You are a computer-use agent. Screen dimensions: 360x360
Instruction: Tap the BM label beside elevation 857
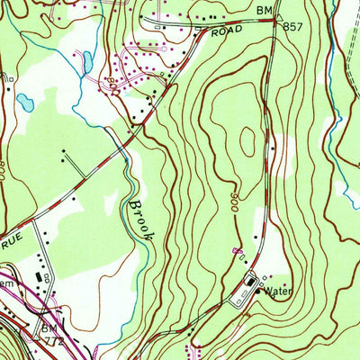point(263,9)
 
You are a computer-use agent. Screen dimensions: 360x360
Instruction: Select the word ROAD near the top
point(229,31)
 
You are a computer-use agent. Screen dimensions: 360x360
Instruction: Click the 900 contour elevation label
point(236,197)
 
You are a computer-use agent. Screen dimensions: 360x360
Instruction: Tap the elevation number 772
point(57,343)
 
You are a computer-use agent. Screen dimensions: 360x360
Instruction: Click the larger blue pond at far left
point(25,103)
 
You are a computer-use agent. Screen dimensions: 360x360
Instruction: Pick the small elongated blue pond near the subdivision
point(86,62)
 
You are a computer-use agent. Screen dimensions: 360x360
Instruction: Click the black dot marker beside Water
point(261,290)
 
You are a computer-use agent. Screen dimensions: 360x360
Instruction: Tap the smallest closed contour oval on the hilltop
point(247,139)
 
